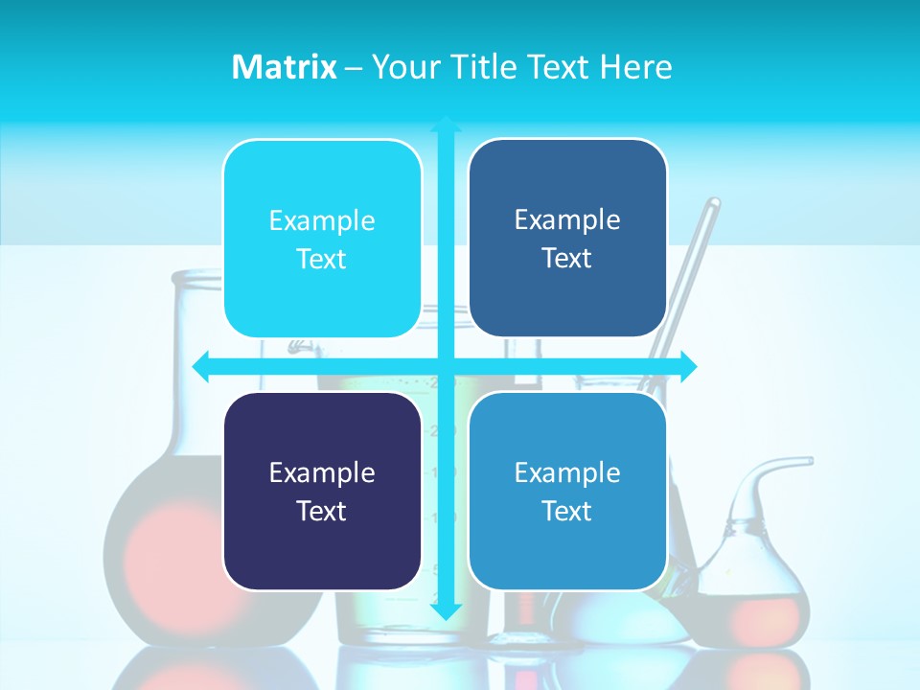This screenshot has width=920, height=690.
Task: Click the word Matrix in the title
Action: click(x=284, y=67)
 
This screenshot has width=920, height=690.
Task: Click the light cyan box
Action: click(x=322, y=239)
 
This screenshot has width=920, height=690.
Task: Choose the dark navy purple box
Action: click(x=322, y=491)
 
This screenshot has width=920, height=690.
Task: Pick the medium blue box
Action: click(x=567, y=491)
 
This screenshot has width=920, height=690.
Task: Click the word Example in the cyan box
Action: click(x=322, y=220)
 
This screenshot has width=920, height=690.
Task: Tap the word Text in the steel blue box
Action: click(x=567, y=258)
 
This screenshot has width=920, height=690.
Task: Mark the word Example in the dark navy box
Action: click(x=322, y=472)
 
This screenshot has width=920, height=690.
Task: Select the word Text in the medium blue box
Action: click(x=567, y=511)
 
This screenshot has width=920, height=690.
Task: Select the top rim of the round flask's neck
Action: click(x=196, y=276)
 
